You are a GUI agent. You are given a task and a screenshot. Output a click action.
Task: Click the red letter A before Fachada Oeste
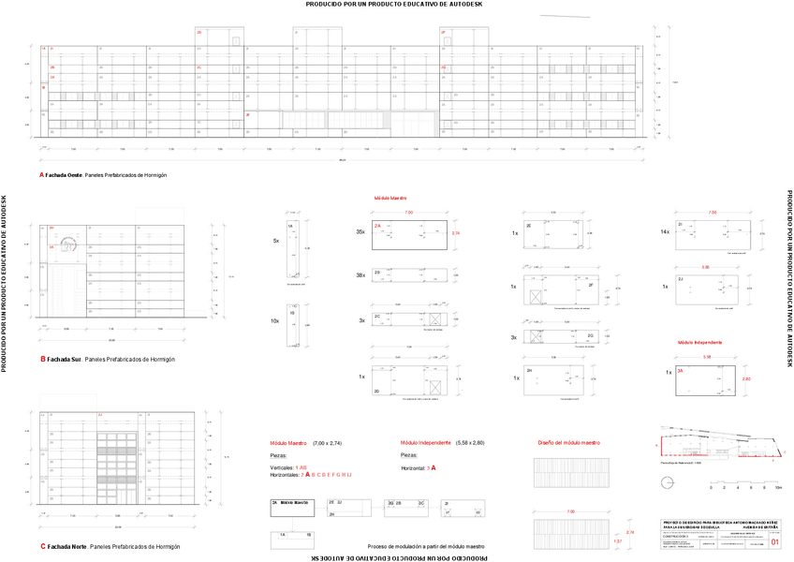click(x=41, y=174)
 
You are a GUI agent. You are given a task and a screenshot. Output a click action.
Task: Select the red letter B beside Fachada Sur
click(x=42, y=359)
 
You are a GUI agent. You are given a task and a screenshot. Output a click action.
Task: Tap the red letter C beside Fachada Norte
click(x=42, y=546)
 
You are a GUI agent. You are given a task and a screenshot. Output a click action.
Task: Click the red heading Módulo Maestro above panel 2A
click(x=390, y=199)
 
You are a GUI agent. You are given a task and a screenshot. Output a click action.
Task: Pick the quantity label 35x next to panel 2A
click(x=360, y=231)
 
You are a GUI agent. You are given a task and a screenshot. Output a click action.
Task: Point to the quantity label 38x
click(x=360, y=275)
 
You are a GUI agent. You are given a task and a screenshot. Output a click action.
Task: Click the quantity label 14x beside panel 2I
click(x=665, y=231)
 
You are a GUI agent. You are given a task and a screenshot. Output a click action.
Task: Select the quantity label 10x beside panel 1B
click(x=274, y=321)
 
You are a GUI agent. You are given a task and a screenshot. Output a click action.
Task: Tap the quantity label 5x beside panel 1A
click(x=275, y=242)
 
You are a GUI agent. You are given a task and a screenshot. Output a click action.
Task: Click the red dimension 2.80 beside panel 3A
click(x=746, y=378)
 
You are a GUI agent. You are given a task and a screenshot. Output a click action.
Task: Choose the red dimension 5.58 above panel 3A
click(x=706, y=357)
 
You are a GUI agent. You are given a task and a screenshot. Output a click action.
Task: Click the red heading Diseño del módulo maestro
click(x=568, y=442)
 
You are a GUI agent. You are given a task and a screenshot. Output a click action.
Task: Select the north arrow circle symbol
click(x=666, y=482)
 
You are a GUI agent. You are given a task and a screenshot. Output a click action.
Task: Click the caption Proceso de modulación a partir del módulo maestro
click(x=426, y=546)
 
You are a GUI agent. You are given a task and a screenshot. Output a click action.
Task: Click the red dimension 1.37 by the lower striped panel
click(x=617, y=541)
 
